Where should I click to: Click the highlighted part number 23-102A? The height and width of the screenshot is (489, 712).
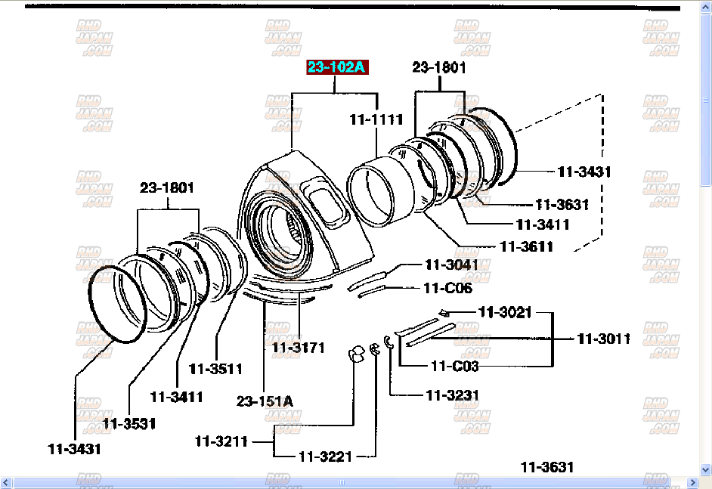click(336, 68)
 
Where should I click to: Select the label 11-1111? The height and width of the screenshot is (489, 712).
click(376, 119)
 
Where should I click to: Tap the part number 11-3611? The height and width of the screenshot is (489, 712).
click(526, 246)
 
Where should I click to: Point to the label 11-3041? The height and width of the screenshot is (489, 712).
click(451, 265)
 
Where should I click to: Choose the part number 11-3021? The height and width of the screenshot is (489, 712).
click(505, 311)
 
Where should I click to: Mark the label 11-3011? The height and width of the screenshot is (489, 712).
click(603, 339)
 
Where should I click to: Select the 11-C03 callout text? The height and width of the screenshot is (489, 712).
click(454, 366)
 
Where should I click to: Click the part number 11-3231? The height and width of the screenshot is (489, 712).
click(452, 395)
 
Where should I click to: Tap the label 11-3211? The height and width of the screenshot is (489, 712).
click(221, 441)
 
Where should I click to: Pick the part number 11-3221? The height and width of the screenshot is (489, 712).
click(325, 457)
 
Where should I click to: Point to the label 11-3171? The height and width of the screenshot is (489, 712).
click(298, 348)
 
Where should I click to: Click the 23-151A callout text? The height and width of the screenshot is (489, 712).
click(265, 401)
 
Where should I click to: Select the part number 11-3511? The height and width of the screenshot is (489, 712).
click(215, 369)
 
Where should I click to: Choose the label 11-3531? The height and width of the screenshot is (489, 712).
click(129, 423)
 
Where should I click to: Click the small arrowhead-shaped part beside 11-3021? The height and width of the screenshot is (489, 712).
click(444, 312)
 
